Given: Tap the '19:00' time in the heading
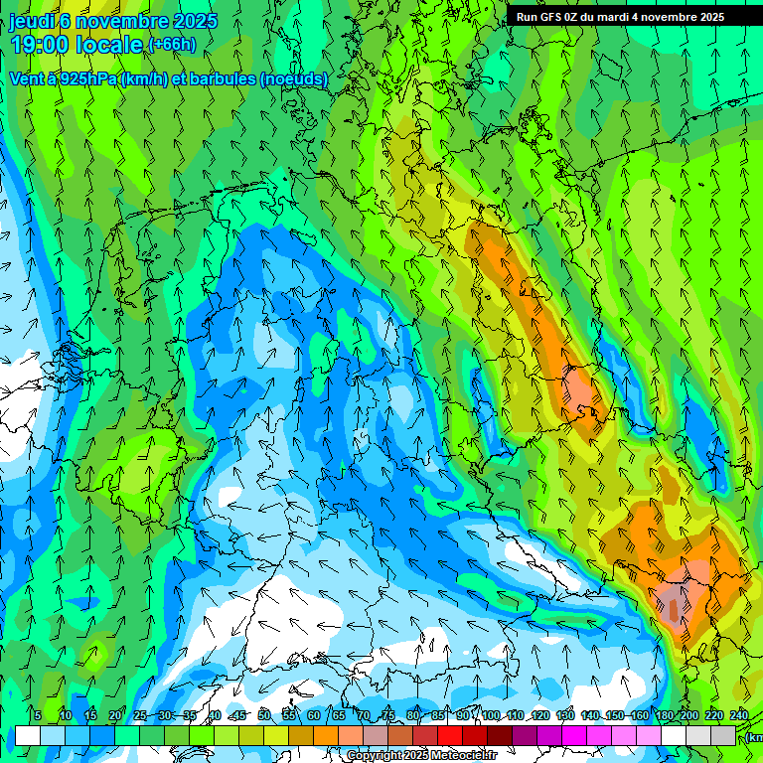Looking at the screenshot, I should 37,45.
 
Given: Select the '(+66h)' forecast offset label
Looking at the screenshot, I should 172,45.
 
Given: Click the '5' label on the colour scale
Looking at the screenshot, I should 38,715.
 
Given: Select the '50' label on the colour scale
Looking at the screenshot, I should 264,715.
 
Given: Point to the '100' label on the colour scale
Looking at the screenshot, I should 491,715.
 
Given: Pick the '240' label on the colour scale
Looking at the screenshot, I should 739,715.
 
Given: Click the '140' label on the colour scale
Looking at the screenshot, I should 590,715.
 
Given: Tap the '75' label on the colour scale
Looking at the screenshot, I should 388,715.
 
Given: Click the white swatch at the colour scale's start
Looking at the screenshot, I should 27,735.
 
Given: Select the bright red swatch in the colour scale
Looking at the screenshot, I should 450,735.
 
